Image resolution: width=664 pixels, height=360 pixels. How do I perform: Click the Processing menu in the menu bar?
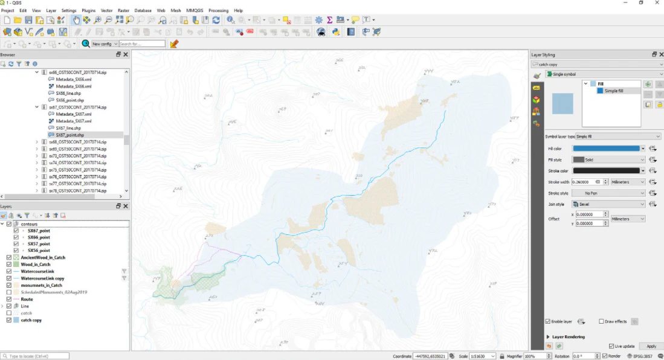218,10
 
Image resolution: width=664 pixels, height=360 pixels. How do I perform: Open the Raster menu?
123,10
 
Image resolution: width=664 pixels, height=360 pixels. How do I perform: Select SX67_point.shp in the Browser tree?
69,135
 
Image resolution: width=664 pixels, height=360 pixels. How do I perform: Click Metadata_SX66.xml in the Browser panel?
73,86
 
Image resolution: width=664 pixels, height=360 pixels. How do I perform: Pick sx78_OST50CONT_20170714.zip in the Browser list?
77,190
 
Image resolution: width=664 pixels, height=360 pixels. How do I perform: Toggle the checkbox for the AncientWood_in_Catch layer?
8,257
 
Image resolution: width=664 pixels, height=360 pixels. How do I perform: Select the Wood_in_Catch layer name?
36,265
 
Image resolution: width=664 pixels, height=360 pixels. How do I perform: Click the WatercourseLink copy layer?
42,278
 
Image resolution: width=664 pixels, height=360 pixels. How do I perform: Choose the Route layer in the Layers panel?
27,299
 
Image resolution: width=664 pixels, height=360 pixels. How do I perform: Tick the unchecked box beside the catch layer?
8,313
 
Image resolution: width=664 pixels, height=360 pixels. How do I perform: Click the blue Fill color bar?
606,148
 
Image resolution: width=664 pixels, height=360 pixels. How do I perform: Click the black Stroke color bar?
606,171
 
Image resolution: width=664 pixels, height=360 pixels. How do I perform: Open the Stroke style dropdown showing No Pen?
608,193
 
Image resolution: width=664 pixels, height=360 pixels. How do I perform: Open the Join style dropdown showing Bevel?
608,204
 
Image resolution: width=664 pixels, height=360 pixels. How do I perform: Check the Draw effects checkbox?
601,321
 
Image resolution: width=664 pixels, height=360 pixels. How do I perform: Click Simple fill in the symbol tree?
614,91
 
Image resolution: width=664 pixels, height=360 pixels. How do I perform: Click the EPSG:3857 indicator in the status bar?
647,356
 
